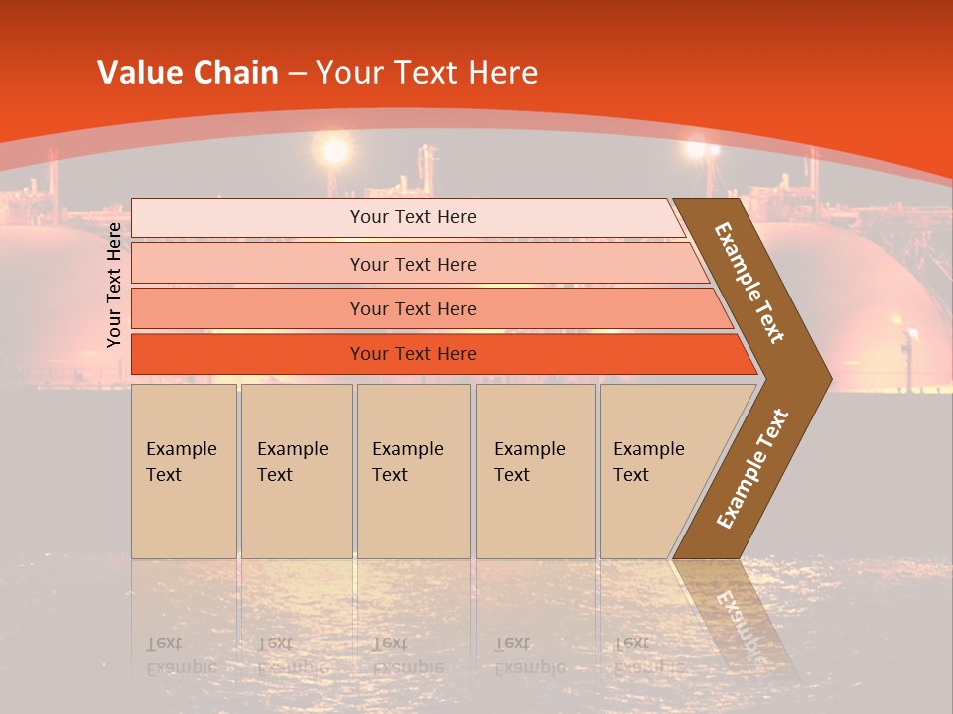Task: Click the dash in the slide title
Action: [x=297, y=74]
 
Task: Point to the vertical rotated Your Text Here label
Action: [x=114, y=285]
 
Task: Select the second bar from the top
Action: [x=412, y=264]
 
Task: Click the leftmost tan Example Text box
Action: [x=184, y=471]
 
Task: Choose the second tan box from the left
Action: [x=297, y=471]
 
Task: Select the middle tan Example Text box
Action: [x=413, y=471]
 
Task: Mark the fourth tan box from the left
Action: [x=535, y=471]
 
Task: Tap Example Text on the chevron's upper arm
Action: [x=750, y=283]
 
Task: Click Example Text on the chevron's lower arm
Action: [x=752, y=468]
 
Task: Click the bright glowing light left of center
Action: [x=335, y=151]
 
